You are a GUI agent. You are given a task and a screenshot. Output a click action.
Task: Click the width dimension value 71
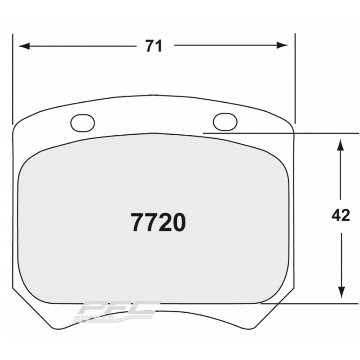pyautogui.click(x=153, y=46)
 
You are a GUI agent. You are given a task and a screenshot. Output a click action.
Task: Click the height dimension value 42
pyautogui.click(x=340, y=216)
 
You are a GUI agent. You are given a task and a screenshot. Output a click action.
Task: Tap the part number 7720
pyautogui.click(x=158, y=222)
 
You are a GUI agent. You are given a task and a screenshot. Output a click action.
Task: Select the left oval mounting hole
pyautogui.click(x=83, y=122)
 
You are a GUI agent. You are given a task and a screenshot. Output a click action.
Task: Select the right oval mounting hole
pyautogui.click(x=225, y=121)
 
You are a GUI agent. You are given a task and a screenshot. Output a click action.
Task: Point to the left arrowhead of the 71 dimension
pyautogui.click(x=22, y=46)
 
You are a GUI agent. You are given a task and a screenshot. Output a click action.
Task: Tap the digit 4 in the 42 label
pyautogui.click(x=336, y=216)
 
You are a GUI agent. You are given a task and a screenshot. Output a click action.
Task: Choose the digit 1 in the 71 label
pyautogui.click(x=158, y=46)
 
